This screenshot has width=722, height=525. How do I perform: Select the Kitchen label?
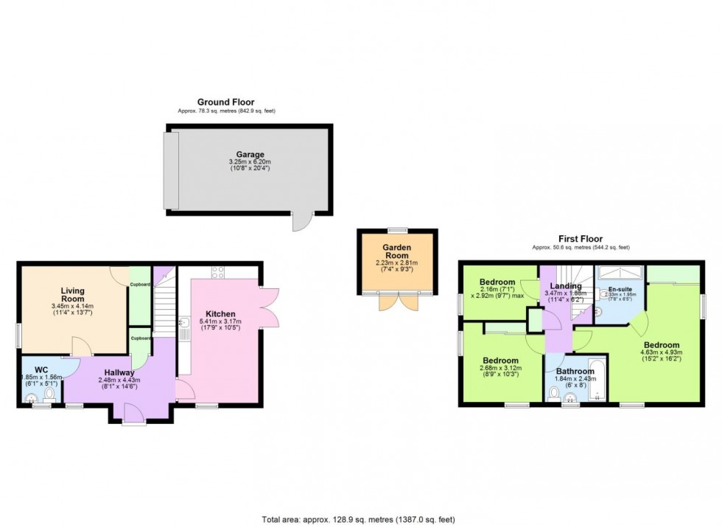click(x=220, y=314)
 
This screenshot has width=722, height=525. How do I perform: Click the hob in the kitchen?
click(x=218, y=272)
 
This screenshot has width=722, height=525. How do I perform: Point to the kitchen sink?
click(x=184, y=325)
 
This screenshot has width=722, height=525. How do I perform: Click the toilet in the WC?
click(x=49, y=397)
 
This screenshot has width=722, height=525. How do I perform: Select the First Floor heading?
click(x=581, y=239)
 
